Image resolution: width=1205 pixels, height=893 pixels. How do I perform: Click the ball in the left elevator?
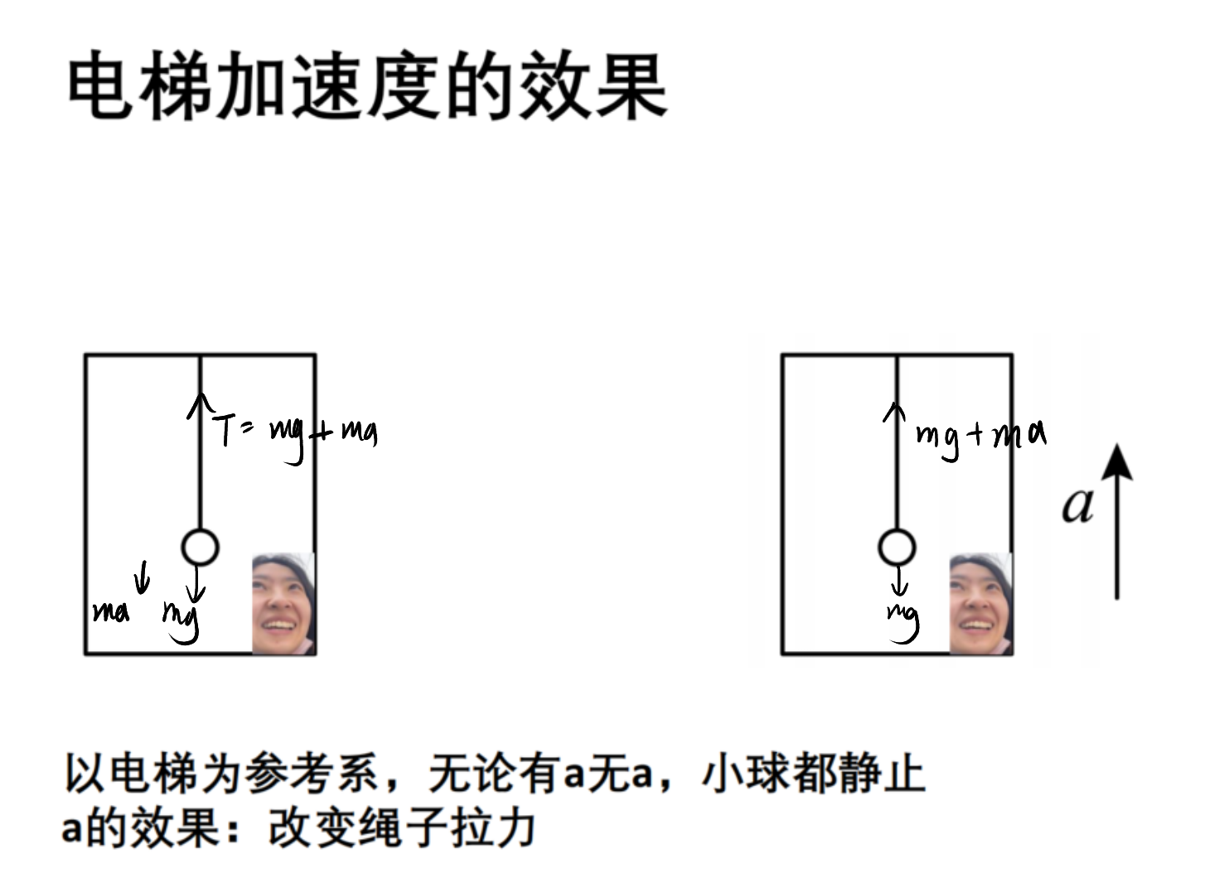(201, 547)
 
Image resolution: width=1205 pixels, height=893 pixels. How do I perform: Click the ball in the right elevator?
(897, 547)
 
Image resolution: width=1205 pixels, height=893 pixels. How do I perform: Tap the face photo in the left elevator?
(283, 603)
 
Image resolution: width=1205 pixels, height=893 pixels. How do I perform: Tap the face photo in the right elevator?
(980, 603)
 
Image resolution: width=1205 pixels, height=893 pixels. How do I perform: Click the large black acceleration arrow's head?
(1117, 462)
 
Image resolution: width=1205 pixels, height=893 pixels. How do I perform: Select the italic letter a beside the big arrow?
(1078, 505)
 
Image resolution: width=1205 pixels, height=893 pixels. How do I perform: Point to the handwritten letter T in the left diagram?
(224, 430)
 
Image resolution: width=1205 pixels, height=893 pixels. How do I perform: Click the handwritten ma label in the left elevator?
(111, 612)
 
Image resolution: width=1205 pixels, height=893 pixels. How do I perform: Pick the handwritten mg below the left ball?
(181, 622)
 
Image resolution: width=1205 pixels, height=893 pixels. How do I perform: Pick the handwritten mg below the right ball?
(903, 623)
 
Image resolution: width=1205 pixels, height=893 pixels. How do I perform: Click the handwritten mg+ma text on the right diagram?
(981, 439)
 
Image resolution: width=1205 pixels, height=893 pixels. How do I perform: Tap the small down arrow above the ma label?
(143, 577)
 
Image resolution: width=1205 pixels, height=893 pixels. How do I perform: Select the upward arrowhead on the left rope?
(201, 405)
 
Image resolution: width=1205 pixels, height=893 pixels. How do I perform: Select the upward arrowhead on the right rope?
(894, 412)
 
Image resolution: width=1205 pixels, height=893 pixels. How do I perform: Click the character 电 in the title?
(100, 84)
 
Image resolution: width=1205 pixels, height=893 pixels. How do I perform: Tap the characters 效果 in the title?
(593, 84)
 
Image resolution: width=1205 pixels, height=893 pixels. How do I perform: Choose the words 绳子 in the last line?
(403, 828)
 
